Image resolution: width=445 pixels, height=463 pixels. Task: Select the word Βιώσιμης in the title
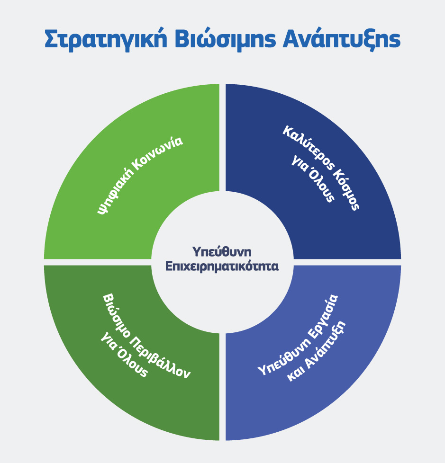[x=226, y=39]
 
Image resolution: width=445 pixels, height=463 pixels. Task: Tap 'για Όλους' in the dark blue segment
[x=313, y=178]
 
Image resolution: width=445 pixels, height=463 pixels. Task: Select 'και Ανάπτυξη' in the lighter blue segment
[x=316, y=351]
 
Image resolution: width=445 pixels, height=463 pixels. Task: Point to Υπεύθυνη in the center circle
[x=222, y=252]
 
